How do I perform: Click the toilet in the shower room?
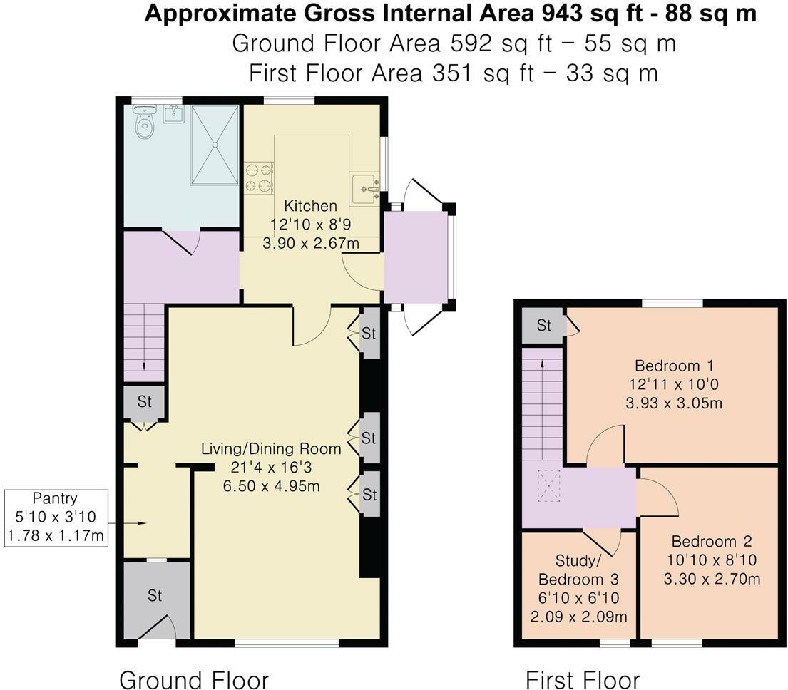point(145,123)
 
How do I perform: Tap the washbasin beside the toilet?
point(173,113)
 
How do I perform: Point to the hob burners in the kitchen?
point(258,178)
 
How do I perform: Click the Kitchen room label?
point(310,206)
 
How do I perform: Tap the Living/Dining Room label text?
point(270,449)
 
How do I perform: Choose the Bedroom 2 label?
point(711,541)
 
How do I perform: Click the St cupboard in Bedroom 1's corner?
point(544,326)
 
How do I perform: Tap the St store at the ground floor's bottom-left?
point(155,595)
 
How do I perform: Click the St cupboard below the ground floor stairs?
point(145,402)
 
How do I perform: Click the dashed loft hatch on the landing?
point(548,485)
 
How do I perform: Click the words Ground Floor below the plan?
point(194,679)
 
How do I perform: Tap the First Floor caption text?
point(583,679)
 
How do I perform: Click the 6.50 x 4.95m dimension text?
point(270,487)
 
